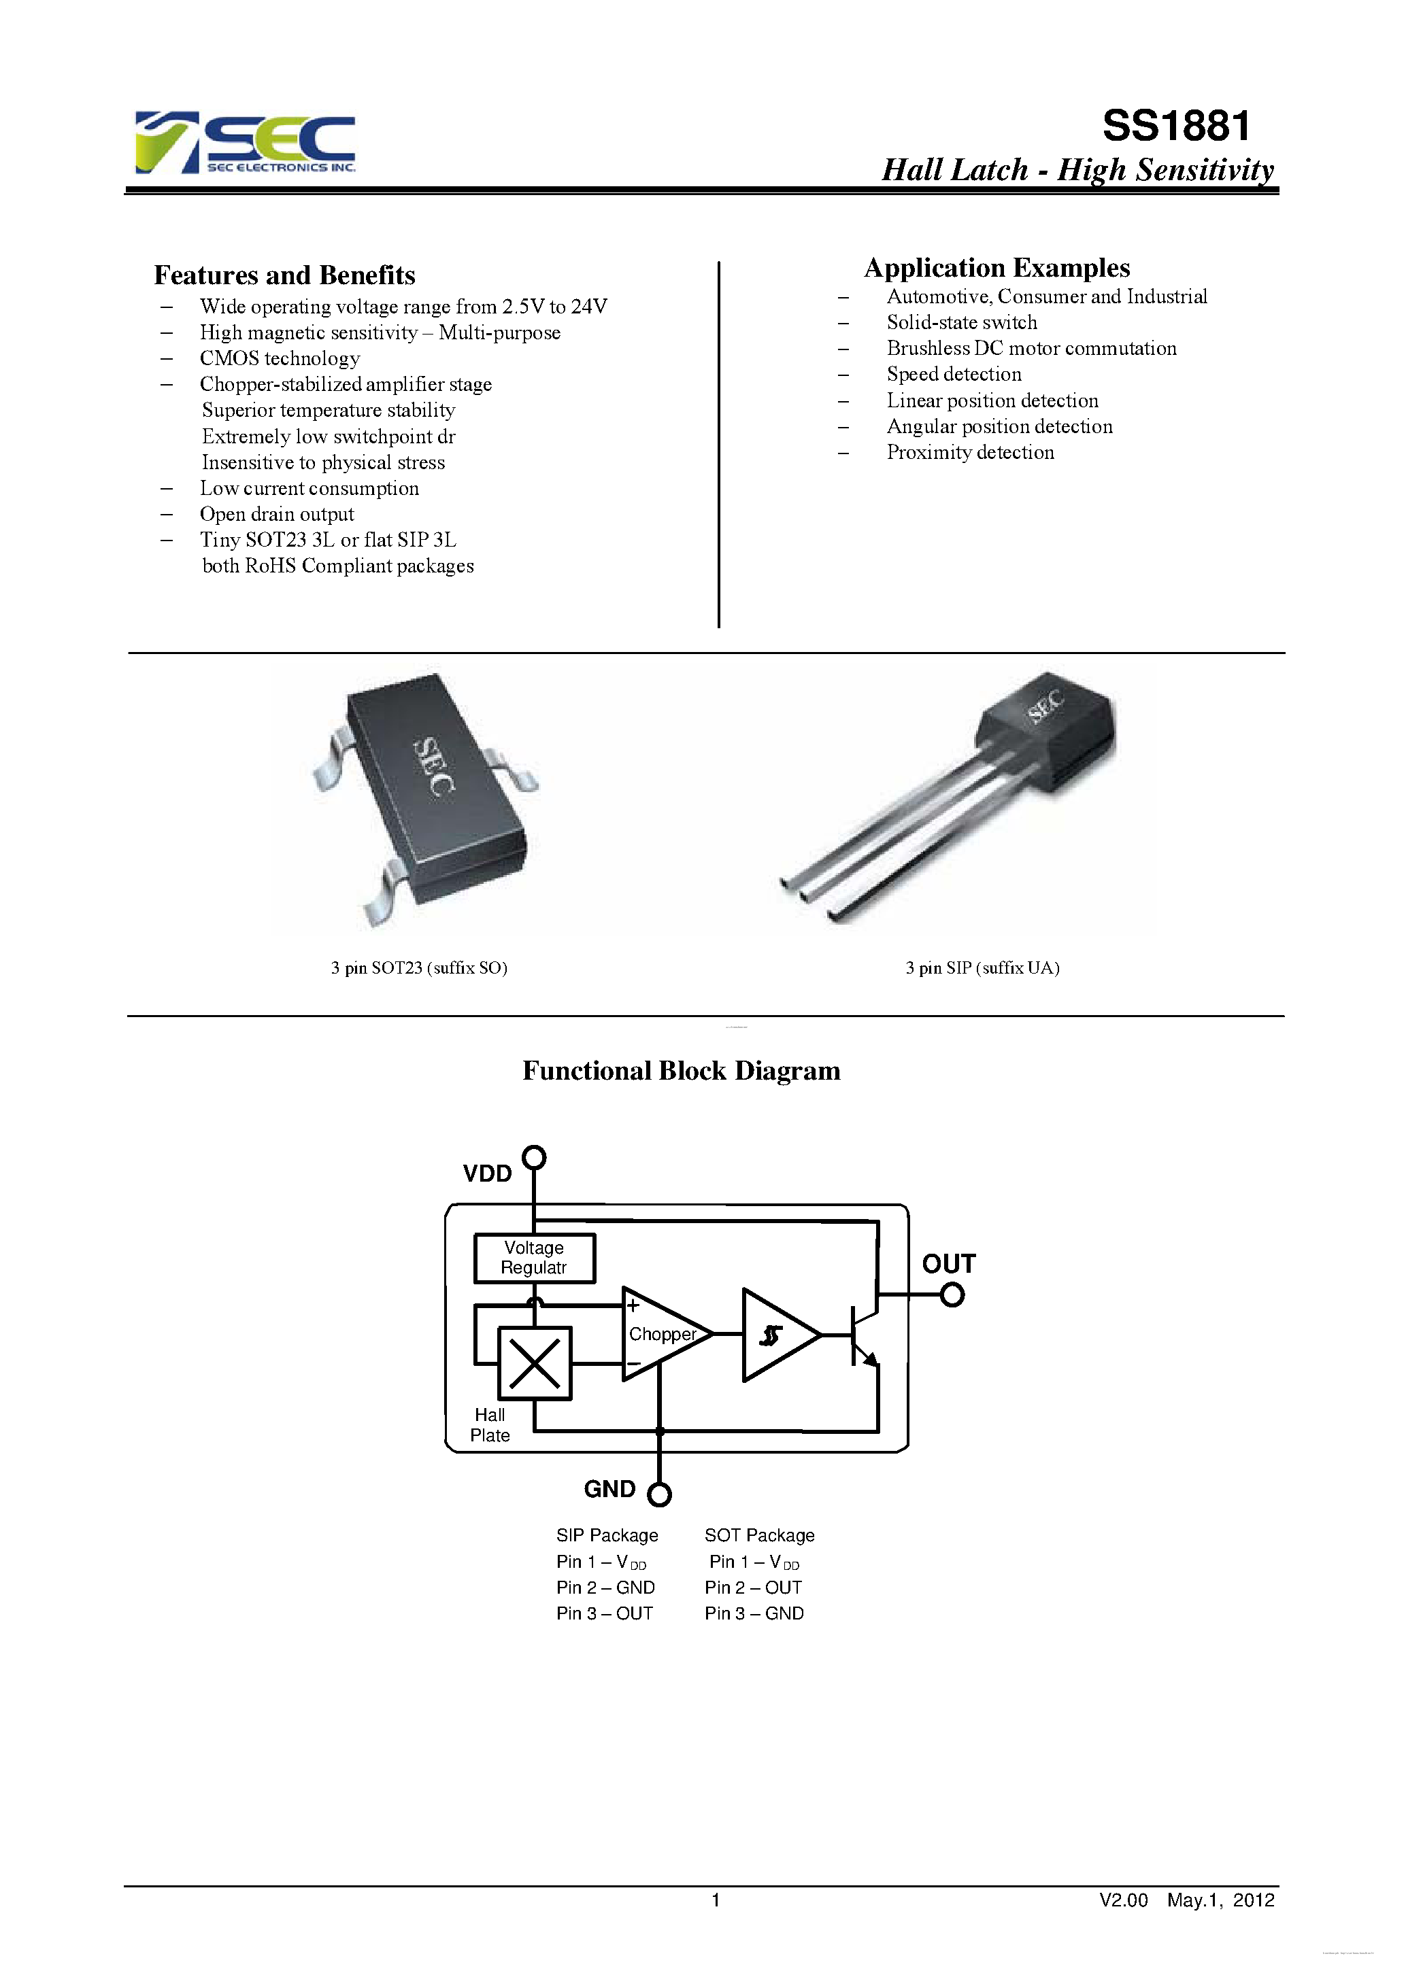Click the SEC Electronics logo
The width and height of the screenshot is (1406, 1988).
click(245, 142)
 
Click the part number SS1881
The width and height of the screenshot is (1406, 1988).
click(1175, 126)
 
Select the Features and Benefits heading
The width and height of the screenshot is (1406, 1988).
click(284, 275)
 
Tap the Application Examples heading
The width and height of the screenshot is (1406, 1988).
click(997, 268)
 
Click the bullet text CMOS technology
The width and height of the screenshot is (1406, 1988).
click(279, 358)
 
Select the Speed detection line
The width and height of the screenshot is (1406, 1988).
click(954, 374)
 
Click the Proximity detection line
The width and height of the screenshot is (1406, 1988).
click(969, 452)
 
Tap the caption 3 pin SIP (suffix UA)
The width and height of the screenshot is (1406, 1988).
click(982, 968)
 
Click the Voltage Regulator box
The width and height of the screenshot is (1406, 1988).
click(535, 1258)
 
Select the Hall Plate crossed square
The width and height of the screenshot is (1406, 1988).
click(535, 1363)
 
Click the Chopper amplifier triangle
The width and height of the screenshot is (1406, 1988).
click(663, 1334)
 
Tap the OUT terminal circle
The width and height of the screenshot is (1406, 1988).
click(952, 1295)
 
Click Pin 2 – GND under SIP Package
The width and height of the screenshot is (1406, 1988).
click(605, 1587)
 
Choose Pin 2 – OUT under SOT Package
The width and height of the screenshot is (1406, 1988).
click(753, 1587)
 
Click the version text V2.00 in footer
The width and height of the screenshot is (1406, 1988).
click(1123, 1900)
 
